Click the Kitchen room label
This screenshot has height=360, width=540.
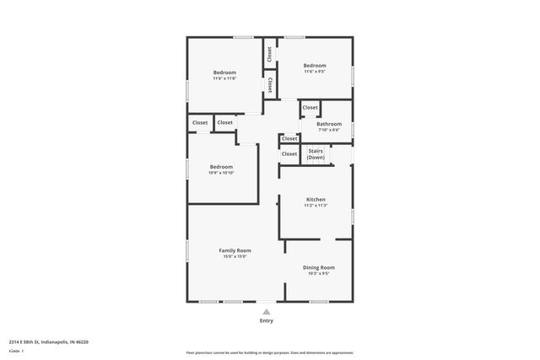pyautogui.click(x=315, y=200)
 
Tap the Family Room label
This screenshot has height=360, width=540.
pyautogui.click(x=235, y=250)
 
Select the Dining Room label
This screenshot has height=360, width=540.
pyautogui.click(x=319, y=267)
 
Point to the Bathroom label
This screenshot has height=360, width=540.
pyautogui.click(x=329, y=124)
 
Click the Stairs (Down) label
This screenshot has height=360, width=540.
pyautogui.click(x=316, y=153)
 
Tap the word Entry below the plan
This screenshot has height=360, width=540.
pyautogui.click(x=267, y=320)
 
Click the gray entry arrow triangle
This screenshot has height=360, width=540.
pyautogui.click(x=267, y=311)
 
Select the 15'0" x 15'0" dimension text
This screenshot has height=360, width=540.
pyautogui.click(x=235, y=256)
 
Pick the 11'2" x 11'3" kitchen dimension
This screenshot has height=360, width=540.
pyautogui.click(x=315, y=206)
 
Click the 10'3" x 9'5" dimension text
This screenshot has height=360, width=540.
pyautogui.click(x=319, y=273)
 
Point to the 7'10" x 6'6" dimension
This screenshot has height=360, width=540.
pyautogui.click(x=329, y=130)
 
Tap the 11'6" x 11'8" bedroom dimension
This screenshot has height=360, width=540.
pyautogui.click(x=224, y=78)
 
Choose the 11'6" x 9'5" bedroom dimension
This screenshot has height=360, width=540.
pyautogui.click(x=315, y=72)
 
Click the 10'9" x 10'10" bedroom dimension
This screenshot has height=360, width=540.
pyautogui.click(x=221, y=173)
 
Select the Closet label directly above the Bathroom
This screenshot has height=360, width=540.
pyautogui.click(x=310, y=108)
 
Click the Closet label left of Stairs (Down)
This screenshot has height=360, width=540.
pyautogui.click(x=289, y=153)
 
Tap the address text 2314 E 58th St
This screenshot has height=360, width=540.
pyautogui.click(x=48, y=341)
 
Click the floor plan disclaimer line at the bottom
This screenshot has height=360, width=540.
pyautogui.click(x=269, y=352)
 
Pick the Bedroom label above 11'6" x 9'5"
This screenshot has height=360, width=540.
pyautogui.click(x=315, y=66)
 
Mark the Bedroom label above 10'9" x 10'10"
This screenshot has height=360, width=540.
pyautogui.click(x=221, y=167)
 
